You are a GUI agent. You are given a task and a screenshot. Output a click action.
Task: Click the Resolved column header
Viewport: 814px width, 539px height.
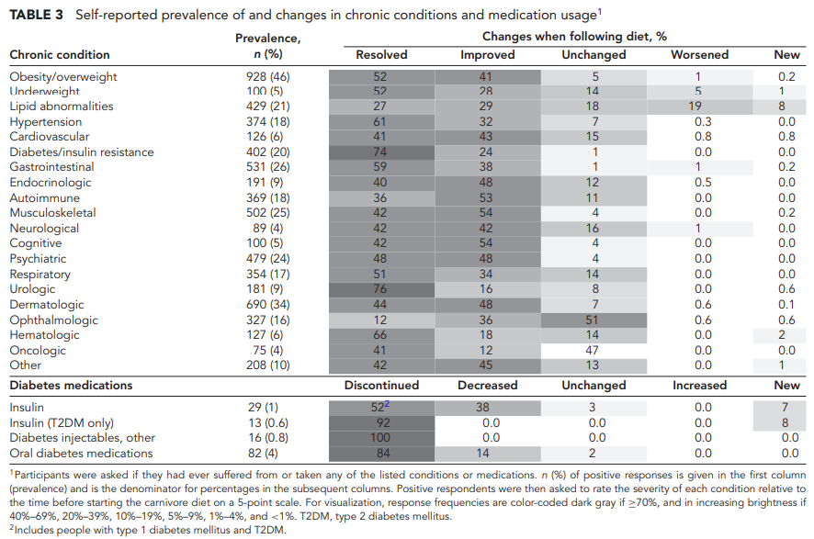tap(381, 54)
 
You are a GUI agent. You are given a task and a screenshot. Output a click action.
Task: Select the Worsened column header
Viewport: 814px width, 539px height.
tap(699, 54)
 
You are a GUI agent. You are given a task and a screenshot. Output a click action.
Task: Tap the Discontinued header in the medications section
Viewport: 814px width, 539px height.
tap(381, 385)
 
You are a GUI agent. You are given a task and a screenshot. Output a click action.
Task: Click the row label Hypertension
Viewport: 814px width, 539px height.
tap(46, 122)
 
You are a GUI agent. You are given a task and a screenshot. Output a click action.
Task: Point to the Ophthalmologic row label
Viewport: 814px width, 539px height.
tap(53, 320)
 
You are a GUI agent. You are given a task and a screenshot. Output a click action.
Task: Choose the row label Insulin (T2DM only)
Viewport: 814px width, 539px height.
tap(62, 423)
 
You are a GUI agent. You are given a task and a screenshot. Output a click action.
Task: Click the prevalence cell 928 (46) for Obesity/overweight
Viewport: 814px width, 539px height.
tap(268, 77)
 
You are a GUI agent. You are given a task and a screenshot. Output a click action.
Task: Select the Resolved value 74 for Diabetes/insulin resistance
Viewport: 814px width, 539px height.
tap(380, 152)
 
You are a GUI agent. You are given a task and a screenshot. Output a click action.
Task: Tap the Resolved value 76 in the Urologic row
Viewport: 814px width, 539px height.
tap(380, 289)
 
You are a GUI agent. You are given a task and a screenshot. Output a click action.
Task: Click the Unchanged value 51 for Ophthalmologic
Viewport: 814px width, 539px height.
tap(592, 320)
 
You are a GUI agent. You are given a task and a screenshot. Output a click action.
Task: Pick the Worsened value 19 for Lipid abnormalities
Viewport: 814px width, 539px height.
tap(695, 107)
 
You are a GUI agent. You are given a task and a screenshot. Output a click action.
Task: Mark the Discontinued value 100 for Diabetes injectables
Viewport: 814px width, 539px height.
tap(380, 438)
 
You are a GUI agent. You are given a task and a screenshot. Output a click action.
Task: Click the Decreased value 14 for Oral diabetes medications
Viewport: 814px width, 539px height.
tap(482, 453)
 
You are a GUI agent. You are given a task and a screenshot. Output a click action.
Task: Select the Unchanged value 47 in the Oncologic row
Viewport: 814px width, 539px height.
tap(592, 350)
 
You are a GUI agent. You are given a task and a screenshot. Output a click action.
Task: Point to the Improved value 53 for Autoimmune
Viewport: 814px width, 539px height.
tap(486, 197)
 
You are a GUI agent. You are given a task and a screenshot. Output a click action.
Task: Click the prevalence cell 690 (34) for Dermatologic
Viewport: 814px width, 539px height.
tap(268, 305)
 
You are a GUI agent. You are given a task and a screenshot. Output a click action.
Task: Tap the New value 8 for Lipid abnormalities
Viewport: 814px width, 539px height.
tap(782, 107)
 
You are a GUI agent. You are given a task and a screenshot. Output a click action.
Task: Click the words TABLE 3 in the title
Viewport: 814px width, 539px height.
tap(37, 15)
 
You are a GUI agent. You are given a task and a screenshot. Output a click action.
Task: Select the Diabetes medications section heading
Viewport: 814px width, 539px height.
tap(71, 385)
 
